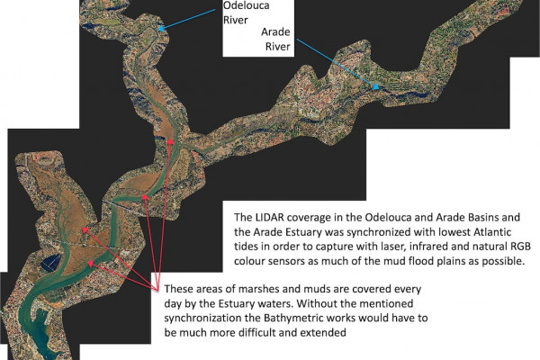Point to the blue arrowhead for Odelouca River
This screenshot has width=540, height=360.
161,29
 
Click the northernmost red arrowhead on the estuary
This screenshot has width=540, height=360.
169,141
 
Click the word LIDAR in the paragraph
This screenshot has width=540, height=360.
276,218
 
